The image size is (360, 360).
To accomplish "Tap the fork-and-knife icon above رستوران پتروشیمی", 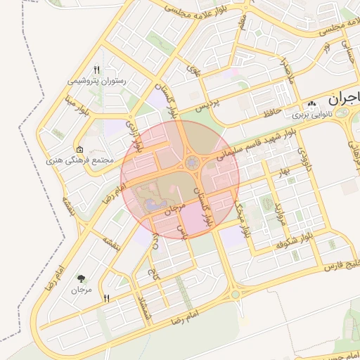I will [x=97, y=70].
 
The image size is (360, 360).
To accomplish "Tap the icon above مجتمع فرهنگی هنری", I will [x=79, y=149].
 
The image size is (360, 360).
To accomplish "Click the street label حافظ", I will [x=272, y=111].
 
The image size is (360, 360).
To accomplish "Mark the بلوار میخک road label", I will [x=243, y=220].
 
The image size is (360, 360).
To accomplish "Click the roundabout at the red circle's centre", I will [x=191, y=163].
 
